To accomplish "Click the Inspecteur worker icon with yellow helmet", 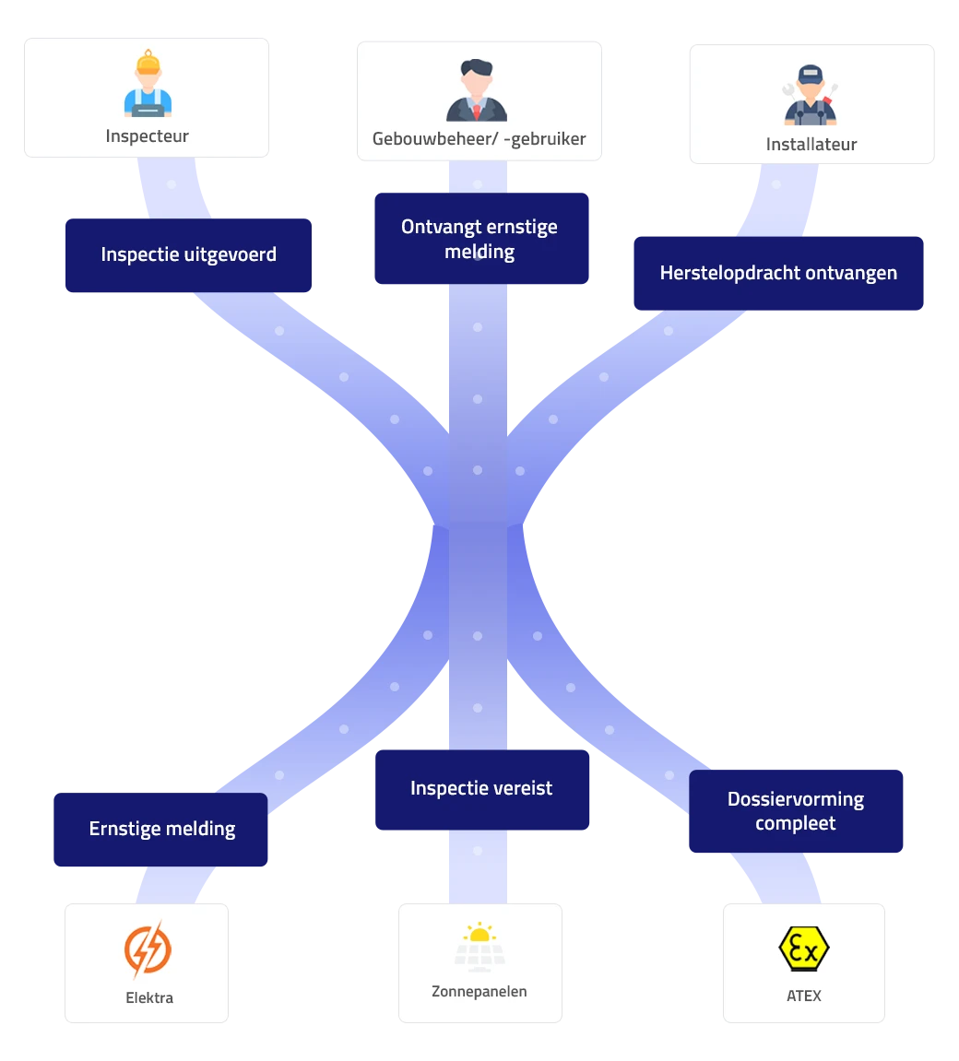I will pyautogui.click(x=148, y=86).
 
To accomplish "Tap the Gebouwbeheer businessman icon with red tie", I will pyautogui.click(x=477, y=90).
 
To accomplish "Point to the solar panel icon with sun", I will pyautogui.click(x=479, y=947).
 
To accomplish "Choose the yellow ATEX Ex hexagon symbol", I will pyautogui.click(x=803, y=949).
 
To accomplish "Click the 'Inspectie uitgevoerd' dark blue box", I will pyautogui.click(x=188, y=255).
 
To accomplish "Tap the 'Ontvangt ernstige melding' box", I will pyautogui.click(x=479, y=239).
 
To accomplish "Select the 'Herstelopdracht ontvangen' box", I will pyautogui.click(x=778, y=274).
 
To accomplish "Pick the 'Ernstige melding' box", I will pyautogui.click(x=161, y=830).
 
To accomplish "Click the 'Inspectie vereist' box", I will pyautogui.click(x=481, y=789).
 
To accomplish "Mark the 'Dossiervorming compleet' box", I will pyautogui.click(x=796, y=811).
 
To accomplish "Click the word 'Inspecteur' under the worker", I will pyautogui.click(x=148, y=136).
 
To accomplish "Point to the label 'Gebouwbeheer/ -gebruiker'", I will pyautogui.click(x=479, y=139).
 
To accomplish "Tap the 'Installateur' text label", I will pyautogui.click(x=811, y=145).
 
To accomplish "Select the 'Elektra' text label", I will pyautogui.click(x=149, y=997).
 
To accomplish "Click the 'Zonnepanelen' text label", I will pyautogui.click(x=479, y=992).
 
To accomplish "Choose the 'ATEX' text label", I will pyautogui.click(x=804, y=996).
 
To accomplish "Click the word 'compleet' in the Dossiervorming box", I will pyautogui.click(x=796, y=823).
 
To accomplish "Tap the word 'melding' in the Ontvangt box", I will pyautogui.click(x=479, y=252).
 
